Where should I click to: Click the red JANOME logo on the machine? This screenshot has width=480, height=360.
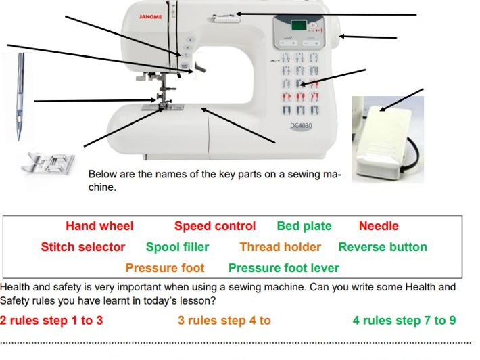tap(150, 16)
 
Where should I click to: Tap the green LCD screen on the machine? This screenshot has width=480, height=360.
tap(299, 25)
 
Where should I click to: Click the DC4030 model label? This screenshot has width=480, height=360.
tap(302, 125)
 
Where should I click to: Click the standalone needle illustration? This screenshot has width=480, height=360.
tap(20, 97)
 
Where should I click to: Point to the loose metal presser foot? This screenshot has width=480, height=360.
tap(48, 162)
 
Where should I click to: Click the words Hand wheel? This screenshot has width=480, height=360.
tap(99, 226)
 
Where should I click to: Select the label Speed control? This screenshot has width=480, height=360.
tap(215, 226)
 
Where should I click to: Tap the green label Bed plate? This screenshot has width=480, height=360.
tap(304, 226)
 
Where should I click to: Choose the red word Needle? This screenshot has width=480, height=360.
tap(379, 226)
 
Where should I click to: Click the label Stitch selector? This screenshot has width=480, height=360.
tap(83, 247)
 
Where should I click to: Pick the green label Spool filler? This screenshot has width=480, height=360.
tap(177, 247)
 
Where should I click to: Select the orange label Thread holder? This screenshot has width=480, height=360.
tap(280, 247)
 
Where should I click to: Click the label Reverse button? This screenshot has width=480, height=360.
tap(383, 247)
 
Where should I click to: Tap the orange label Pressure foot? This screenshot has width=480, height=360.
tap(165, 268)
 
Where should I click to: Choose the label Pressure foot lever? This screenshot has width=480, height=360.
tap(284, 268)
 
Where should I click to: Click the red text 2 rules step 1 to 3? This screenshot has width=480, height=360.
tap(51, 321)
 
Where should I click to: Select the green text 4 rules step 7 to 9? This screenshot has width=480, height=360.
tap(404, 321)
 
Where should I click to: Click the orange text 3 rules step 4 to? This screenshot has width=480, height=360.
tap(224, 321)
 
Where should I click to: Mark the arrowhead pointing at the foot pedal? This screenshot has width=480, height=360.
tap(382, 108)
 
